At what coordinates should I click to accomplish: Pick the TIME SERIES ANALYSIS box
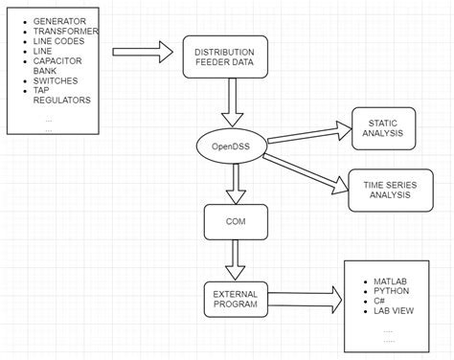point(382,189)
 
